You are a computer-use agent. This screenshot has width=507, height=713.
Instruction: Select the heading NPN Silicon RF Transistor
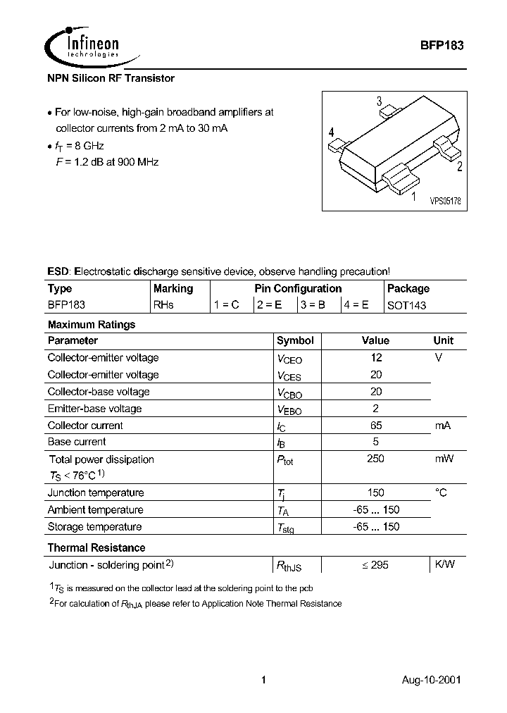[x=111, y=78]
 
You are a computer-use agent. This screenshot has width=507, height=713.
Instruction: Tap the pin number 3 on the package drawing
[x=379, y=101]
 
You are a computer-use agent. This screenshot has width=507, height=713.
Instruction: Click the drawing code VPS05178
[x=445, y=201]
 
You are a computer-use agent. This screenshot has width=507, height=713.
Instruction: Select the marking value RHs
[x=163, y=306]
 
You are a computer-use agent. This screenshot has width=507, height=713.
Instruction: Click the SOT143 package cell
[x=407, y=306]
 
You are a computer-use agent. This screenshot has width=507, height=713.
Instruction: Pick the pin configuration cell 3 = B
[x=313, y=306]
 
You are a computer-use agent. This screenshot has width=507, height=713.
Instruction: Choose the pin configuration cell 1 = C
[x=227, y=306]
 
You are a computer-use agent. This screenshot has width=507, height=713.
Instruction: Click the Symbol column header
[x=295, y=340]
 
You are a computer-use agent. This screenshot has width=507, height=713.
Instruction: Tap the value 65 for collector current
[x=375, y=426]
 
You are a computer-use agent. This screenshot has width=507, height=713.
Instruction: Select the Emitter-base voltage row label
[x=94, y=409]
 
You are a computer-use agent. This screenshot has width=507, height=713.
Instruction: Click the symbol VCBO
[x=289, y=392]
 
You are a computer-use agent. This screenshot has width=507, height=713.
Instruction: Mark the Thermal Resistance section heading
[x=96, y=547]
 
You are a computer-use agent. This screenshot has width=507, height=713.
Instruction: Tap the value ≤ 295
[x=375, y=565]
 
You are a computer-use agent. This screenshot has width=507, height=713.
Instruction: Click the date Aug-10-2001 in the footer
[x=432, y=681]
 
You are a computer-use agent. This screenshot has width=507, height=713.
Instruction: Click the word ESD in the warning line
[x=58, y=271]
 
